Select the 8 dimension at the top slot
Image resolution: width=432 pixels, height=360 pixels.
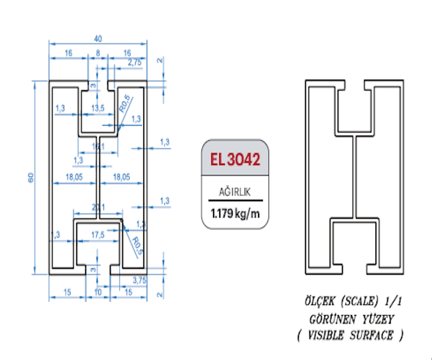(98, 53)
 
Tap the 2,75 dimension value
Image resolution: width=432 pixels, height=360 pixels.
(135, 62)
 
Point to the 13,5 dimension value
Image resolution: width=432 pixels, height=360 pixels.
(98, 108)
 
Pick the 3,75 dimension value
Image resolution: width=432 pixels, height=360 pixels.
(139, 280)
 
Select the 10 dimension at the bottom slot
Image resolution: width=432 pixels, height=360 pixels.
(98, 292)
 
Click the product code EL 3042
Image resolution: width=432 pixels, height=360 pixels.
(235, 159)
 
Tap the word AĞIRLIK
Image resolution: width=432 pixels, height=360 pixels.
(235, 192)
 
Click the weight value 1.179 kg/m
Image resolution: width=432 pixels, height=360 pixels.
(235, 213)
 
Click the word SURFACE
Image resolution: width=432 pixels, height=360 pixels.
(371, 336)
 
